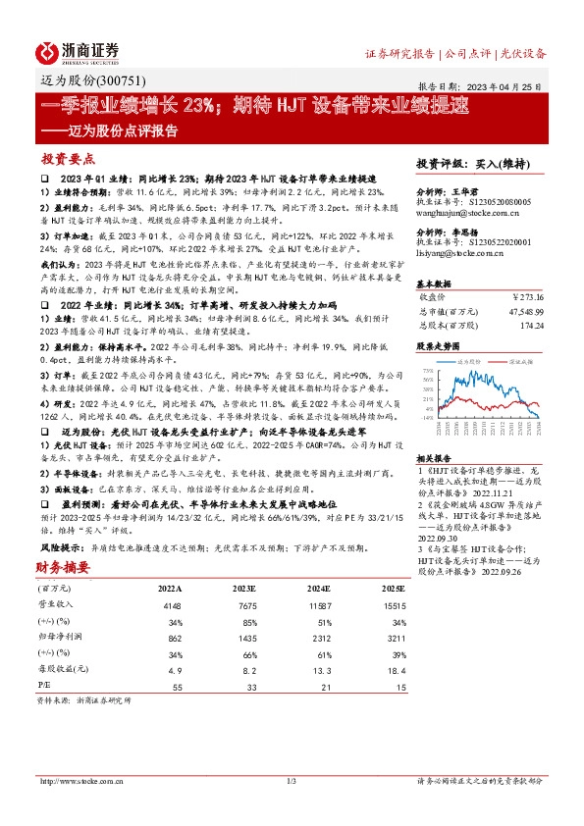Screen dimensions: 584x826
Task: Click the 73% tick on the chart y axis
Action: pyautogui.click(x=425, y=372)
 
